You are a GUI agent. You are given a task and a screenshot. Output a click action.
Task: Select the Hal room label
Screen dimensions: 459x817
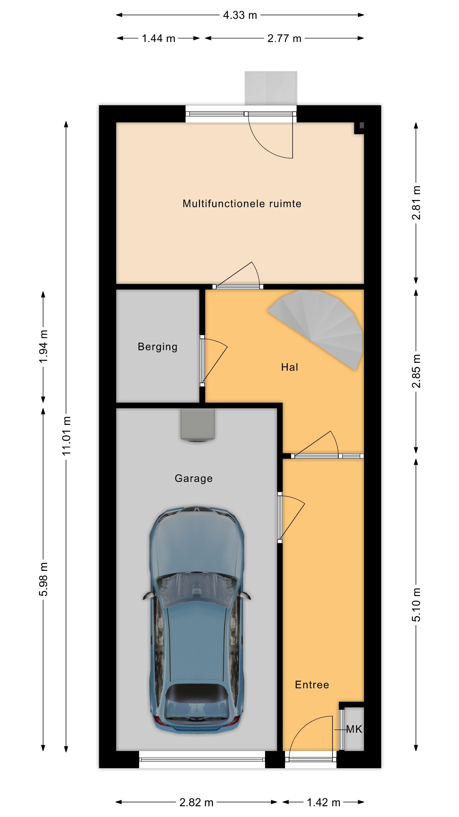(289, 367)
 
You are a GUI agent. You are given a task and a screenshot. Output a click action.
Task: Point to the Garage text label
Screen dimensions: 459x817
(194, 478)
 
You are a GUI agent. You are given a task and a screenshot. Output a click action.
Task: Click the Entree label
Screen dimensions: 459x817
(312, 685)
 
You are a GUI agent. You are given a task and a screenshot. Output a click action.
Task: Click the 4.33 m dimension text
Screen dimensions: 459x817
(240, 15)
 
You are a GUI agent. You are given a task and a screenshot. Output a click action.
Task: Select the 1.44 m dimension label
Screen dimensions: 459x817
(158, 38)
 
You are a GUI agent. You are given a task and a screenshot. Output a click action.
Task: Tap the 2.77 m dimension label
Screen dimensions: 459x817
(284, 38)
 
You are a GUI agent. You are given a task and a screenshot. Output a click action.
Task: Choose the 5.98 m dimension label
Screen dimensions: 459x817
(43, 579)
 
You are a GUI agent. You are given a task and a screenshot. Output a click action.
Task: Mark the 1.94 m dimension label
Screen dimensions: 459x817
(43, 347)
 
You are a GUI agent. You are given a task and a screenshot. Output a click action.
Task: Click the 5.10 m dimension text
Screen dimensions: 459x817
(416, 604)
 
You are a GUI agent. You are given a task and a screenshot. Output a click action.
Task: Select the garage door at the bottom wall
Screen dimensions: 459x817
(202, 760)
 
